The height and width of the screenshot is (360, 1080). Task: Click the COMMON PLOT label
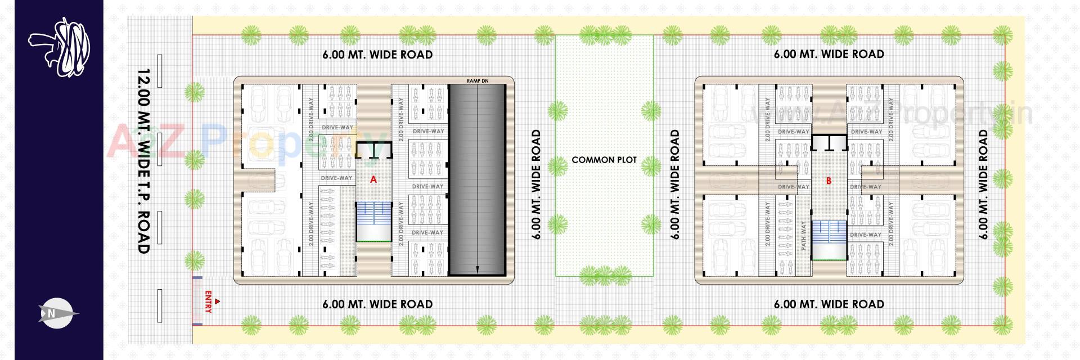(x=604, y=160)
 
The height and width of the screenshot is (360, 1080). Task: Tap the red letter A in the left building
(x=373, y=180)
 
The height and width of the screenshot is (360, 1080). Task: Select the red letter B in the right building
(x=829, y=181)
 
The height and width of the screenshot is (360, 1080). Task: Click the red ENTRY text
(x=208, y=301)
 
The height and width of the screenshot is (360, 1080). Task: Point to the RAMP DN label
(x=477, y=81)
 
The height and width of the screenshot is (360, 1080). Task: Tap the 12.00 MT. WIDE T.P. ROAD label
(x=144, y=161)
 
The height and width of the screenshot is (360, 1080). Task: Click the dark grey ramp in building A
(x=476, y=179)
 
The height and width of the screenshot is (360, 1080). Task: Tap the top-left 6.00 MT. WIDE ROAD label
(x=377, y=55)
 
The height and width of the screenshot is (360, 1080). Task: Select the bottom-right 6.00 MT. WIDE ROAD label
(x=829, y=305)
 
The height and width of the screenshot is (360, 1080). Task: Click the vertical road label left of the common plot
(x=536, y=184)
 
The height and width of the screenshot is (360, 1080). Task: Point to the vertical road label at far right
(x=983, y=184)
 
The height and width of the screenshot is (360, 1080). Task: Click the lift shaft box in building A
(x=372, y=150)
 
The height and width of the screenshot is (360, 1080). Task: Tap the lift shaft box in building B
(x=829, y=143)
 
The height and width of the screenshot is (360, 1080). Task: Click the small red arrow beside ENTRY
(x=218, y=302)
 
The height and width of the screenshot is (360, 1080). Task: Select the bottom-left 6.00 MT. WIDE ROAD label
(x=377, y=305)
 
